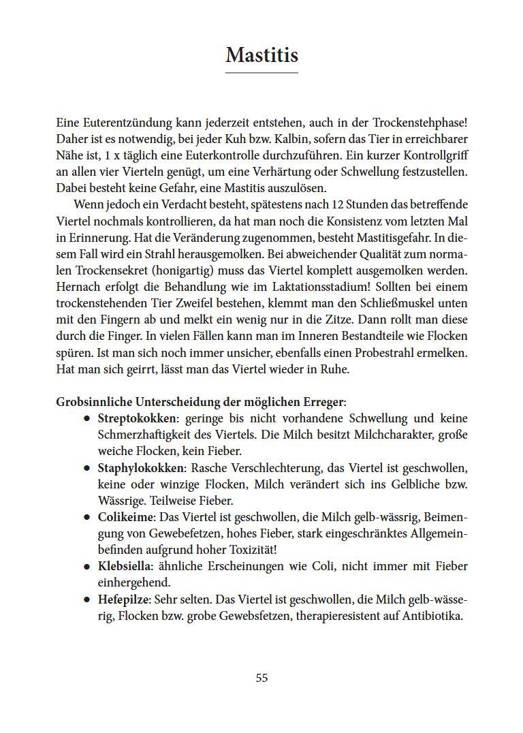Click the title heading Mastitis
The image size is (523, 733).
261,54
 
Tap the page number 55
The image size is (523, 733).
261,678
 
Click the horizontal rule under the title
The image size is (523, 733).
261,72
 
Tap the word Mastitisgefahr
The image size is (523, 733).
365,237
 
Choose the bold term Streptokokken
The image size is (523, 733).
137,418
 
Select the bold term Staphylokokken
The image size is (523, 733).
141,467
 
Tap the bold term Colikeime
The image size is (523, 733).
125,516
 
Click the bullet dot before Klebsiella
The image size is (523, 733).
86,567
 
